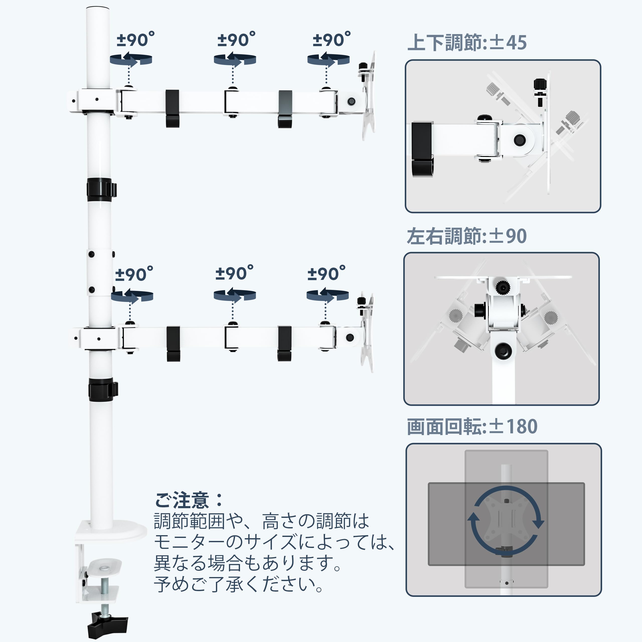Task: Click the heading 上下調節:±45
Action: point(467,43)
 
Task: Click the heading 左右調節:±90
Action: point(467,236)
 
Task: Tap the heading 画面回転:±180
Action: point(472,427)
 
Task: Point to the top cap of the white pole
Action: point(98,9)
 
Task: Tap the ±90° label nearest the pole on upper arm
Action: point(135,40)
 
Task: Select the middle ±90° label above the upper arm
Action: point(236,40)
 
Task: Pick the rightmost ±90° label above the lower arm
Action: point(326,274)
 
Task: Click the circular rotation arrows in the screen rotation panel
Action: point(506,521)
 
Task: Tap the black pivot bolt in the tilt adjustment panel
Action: point(519,140)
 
